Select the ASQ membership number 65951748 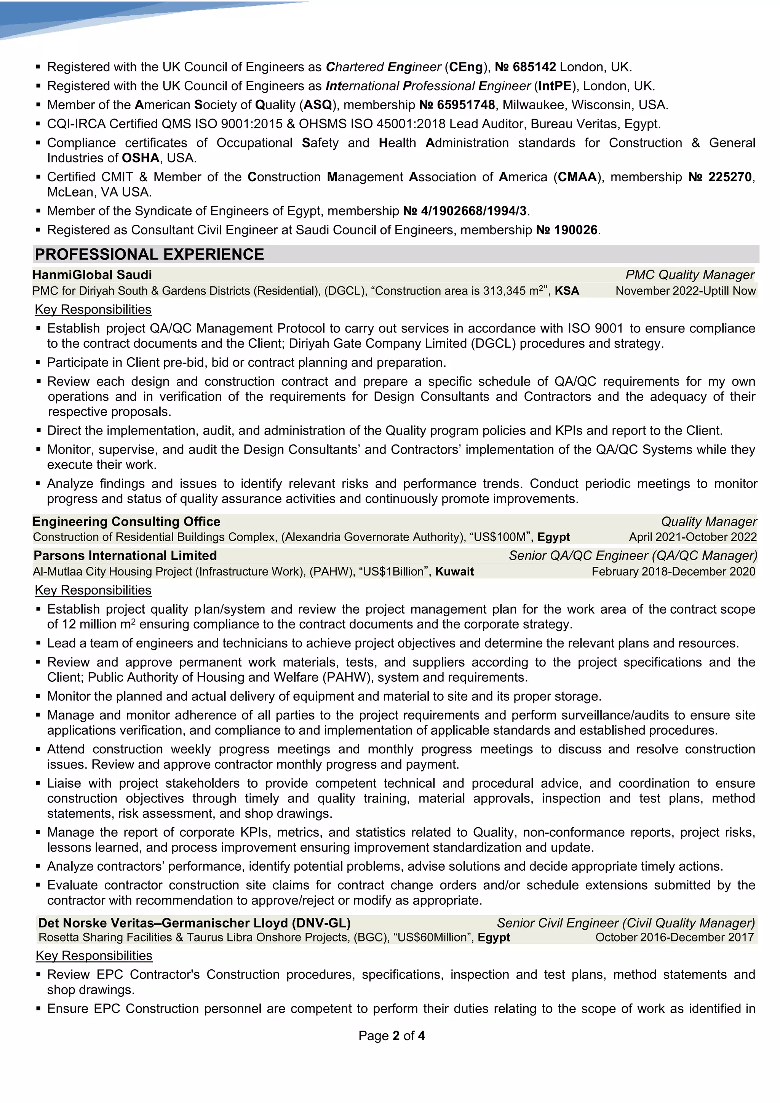465,105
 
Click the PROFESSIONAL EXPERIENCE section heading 149,254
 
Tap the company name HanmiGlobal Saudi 92,275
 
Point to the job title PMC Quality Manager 689,275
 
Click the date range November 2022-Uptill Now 686,291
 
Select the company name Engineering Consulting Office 126,522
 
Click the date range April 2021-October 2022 692,537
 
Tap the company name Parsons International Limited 125,556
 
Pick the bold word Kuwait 454,572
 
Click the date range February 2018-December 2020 673,572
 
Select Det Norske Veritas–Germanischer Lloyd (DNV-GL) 194,923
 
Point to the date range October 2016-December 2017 675,938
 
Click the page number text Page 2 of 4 392,1036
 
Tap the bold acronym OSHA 141,158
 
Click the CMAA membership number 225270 730,177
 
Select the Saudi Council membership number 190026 575,230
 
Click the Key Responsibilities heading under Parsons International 93,590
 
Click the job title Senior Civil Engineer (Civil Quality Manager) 625,923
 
